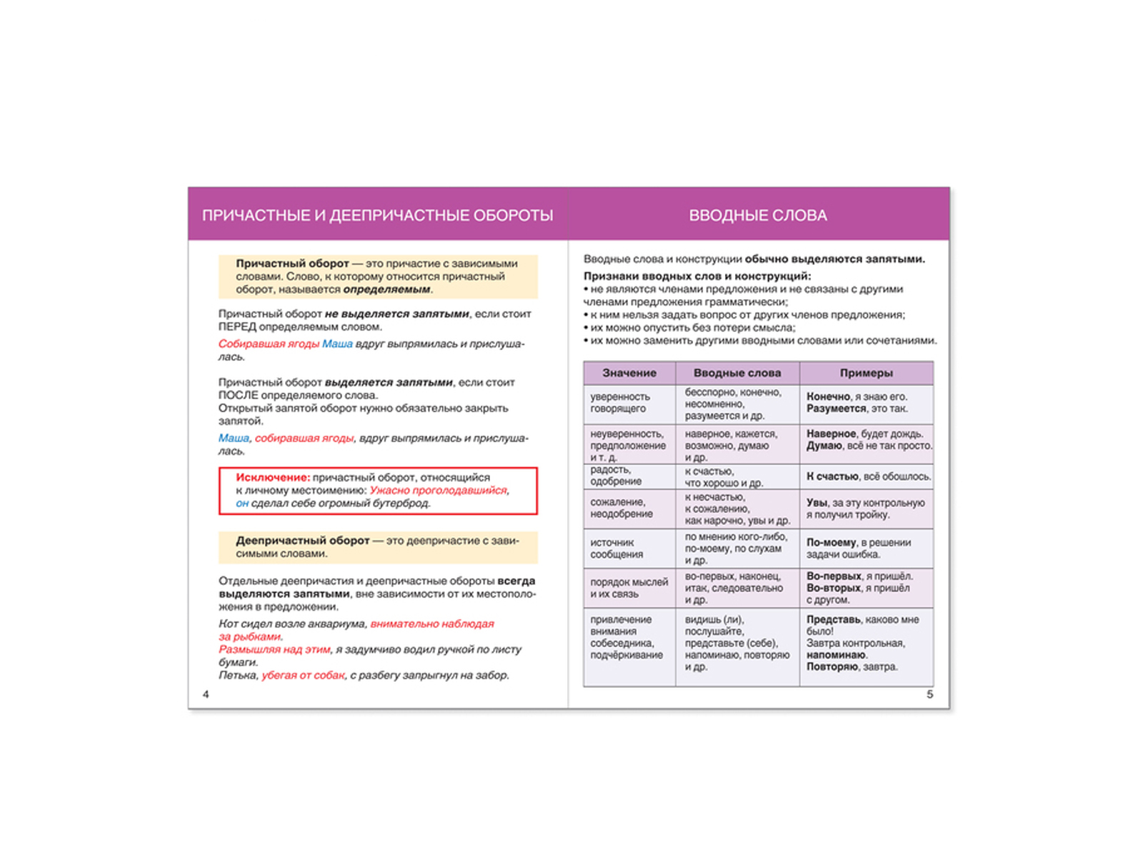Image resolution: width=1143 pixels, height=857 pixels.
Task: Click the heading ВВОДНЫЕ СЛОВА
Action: (x=757, y=216)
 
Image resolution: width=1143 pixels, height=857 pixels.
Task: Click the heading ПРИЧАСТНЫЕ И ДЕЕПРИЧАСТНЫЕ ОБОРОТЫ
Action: (x=377, y=216)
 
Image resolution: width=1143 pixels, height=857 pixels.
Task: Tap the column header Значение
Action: (x=629, y=373)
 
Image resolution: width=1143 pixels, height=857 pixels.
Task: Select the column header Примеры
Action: (x=866, y=373)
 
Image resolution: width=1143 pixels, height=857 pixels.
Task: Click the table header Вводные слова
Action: (x=737, y=373)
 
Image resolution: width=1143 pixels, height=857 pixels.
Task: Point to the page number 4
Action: (x=206, y=694)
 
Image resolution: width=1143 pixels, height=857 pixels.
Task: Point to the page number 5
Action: (x=929, y=694)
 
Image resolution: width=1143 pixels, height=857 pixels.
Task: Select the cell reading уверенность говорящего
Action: (x=620, y=403)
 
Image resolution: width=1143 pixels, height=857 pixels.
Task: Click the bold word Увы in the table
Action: (x=817, y=503)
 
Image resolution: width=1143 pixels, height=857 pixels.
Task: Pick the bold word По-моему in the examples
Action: (x=831, y=543)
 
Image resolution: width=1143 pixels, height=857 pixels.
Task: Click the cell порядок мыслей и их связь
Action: (x=629, y=588)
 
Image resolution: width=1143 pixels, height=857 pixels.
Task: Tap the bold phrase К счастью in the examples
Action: (x=832, y=476)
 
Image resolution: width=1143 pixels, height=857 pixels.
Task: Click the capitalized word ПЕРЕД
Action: (x=237, y=327)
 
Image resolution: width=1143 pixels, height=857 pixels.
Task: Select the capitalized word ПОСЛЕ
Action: (x=238, y=396)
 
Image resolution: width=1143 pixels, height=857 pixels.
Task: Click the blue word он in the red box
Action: (x=242, y=503)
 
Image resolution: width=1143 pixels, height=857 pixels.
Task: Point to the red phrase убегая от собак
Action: (x=303, y=676)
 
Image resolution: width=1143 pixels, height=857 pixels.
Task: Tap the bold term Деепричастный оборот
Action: (x=303, y=541)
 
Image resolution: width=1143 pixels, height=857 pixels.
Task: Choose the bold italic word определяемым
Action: (x=386, y=290)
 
